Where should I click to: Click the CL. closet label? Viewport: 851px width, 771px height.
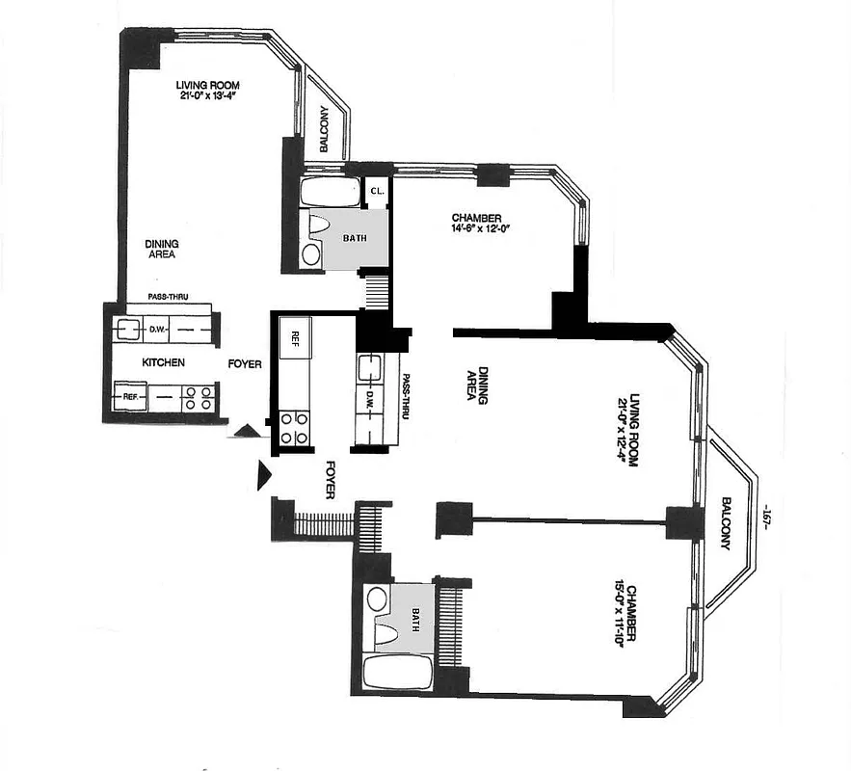pos(377,192)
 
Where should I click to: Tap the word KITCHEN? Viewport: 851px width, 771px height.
pos(164,362)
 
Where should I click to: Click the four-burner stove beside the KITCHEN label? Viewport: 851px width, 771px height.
pos(198,398)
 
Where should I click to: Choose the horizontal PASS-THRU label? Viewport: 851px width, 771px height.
pos(168,297)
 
